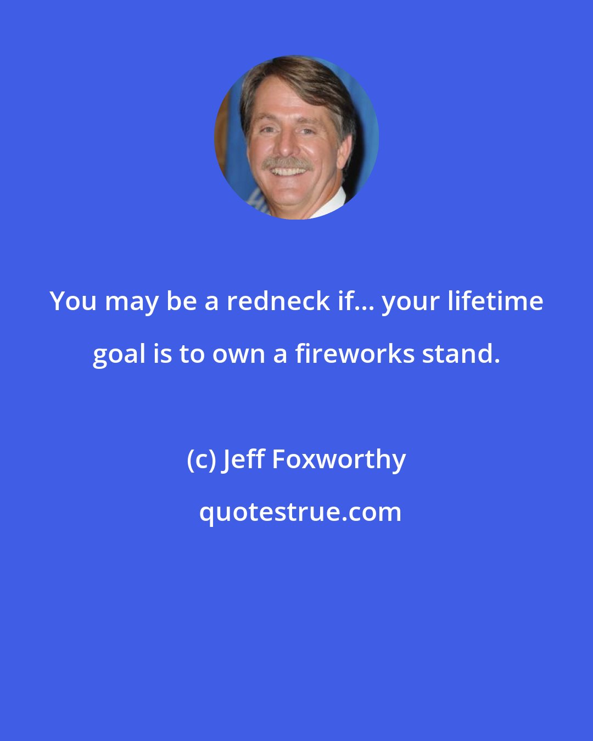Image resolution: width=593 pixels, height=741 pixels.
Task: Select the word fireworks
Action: click(x=355, y=354)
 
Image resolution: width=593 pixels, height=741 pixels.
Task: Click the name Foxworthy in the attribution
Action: click(x=339, y=460)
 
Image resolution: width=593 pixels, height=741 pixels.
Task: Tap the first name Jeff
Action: click(x=243, y=460)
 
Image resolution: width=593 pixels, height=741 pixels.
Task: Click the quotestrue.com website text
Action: click(x=300, y=513)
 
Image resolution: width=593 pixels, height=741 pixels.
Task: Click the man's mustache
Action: click(x=287, y=164)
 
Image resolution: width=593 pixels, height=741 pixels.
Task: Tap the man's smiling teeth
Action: click(x=288, y=172)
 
